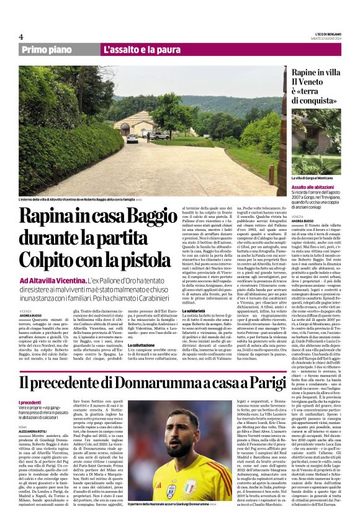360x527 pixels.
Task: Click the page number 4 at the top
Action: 21,36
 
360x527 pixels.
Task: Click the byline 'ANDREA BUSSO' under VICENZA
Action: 30,316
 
